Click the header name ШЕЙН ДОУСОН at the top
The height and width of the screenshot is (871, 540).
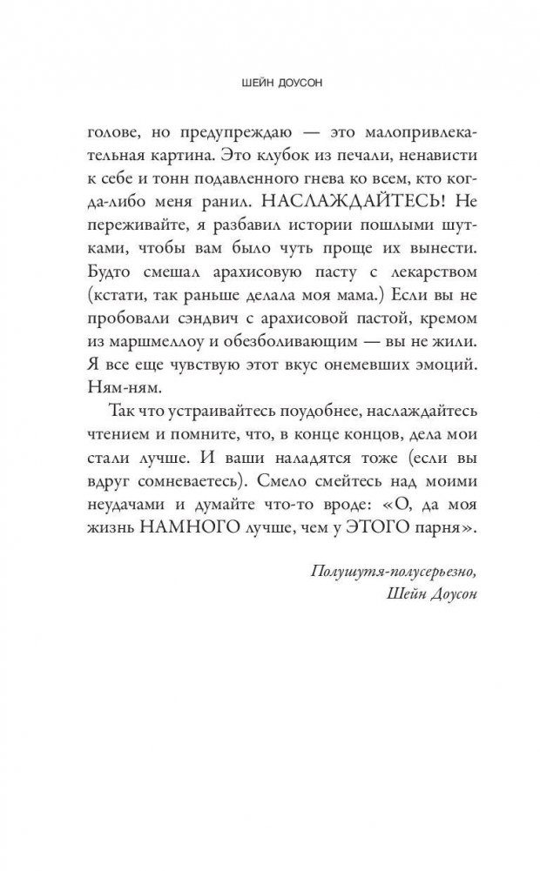point(269,85)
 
